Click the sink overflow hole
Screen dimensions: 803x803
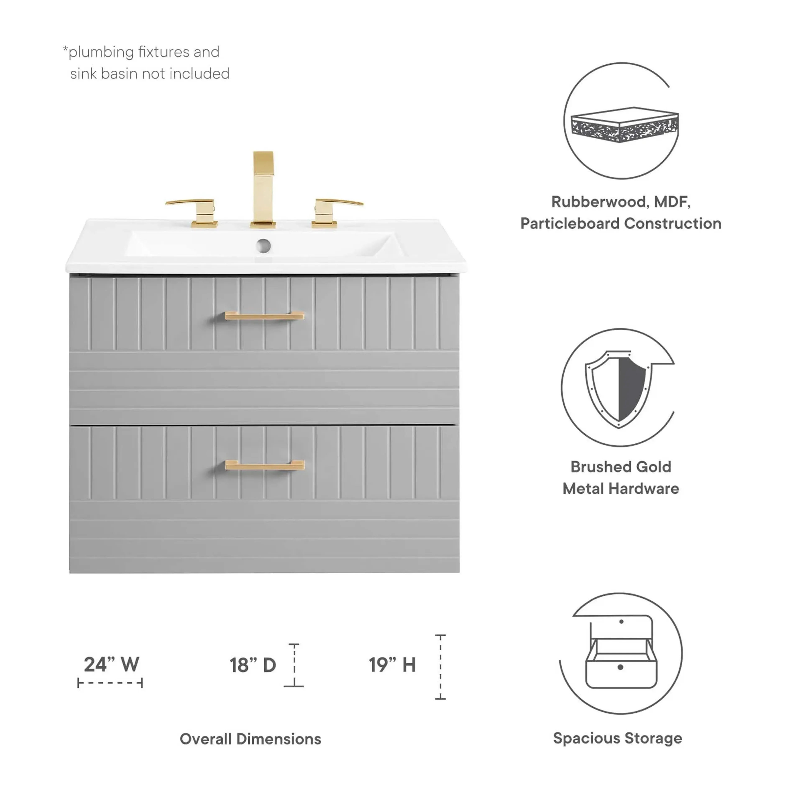click(x=263, y=246)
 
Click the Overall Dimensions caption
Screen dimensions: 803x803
click(x=250, y=739)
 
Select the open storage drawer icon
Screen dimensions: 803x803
click(x=621, y=652)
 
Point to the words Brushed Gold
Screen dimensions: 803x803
click(x=620, y=467)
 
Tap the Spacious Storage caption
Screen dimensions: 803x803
click(x=618, y=738)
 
